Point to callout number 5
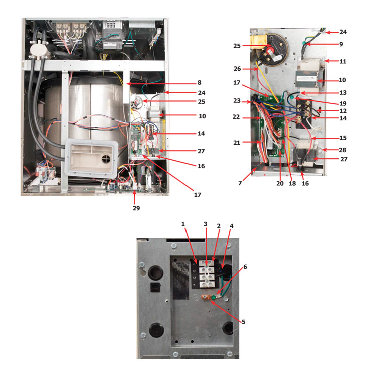tap(243, 322)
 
